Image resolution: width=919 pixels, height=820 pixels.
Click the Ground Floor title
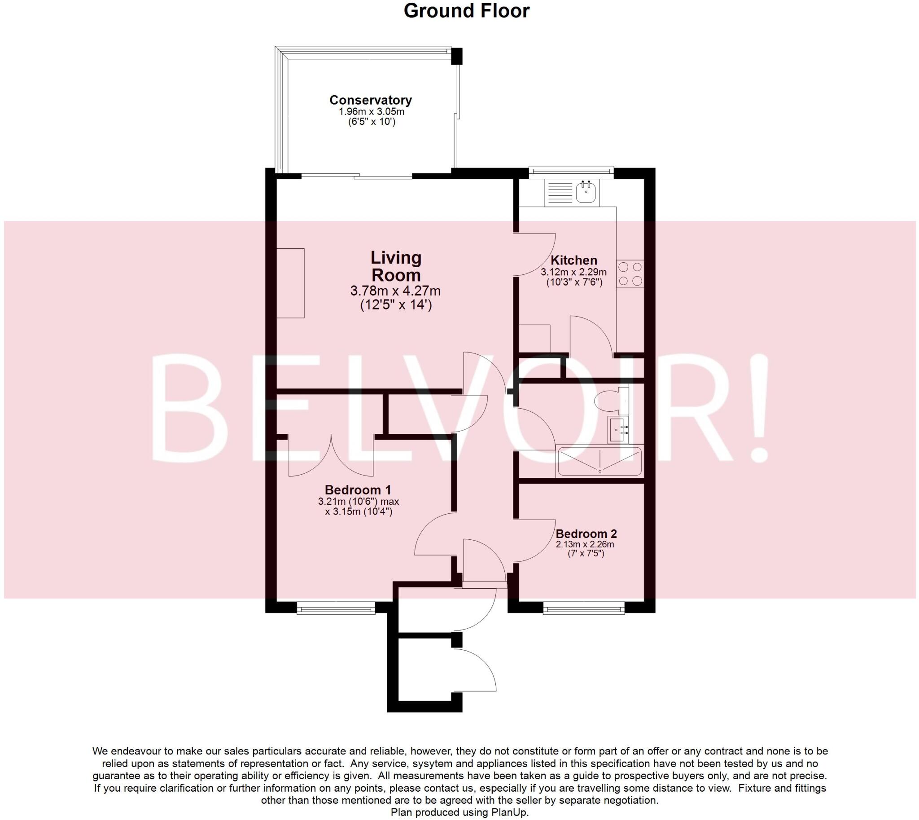466,11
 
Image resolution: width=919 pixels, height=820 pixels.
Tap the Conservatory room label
371,100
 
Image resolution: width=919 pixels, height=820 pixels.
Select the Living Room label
396,266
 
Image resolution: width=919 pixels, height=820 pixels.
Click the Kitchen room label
573,260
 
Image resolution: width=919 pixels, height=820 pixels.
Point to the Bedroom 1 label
358,489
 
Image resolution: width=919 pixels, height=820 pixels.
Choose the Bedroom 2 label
586,533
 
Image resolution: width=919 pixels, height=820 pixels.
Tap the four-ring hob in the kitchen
630,274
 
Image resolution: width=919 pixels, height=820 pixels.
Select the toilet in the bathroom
609,401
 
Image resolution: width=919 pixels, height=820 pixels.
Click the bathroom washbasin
618,430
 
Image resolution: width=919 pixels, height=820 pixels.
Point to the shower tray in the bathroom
600,461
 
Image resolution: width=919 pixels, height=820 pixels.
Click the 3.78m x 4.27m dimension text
395,291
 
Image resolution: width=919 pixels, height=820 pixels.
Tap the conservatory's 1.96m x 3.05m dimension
371,111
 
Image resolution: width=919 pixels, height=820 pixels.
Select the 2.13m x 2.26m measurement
585,544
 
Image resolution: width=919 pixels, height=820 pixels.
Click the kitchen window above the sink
570,171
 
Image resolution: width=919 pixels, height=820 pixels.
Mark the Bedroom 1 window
336,609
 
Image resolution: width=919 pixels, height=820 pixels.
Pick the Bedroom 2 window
583,609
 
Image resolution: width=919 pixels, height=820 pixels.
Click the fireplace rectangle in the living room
290,283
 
